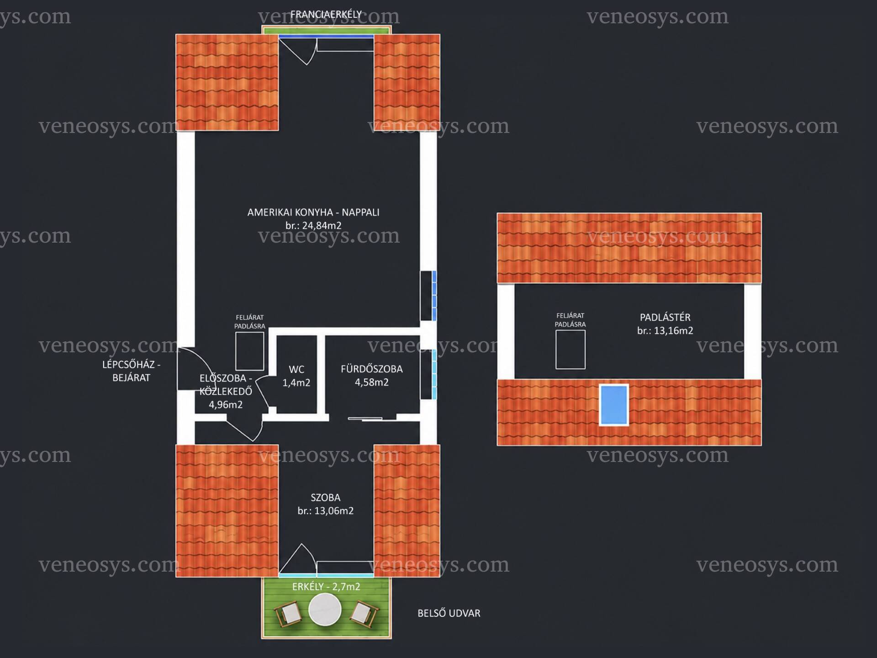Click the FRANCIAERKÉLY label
tap(326, 15)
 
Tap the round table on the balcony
tap(325, 609)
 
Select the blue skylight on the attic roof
tap(614, 405)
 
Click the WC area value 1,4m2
tap(296, 383)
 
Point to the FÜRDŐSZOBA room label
tap(372, 369)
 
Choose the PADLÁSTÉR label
tap(665, 317)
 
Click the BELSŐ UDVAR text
tap(449, 613)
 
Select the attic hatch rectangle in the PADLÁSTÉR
tap(571, 350)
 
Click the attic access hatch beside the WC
tap(250, 351)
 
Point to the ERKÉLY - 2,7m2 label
tap(326, 587)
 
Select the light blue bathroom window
tap(434, 374)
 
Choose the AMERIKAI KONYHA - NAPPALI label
tap(313, 212)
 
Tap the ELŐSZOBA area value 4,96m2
tap(226, 404)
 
